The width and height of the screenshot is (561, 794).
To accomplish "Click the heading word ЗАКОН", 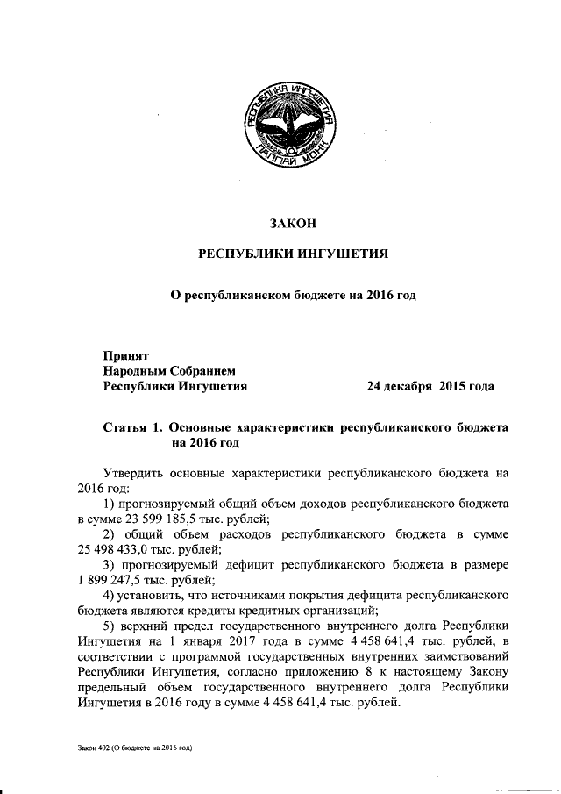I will (x=293, y=223).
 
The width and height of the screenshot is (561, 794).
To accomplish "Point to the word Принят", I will (x=126, y=356).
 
